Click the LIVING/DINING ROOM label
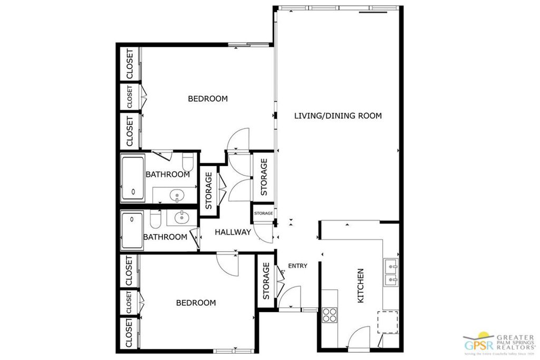[x=337, y=115]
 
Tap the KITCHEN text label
[x=361, y=286]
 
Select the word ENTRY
[x=297, y=266]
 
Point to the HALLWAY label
[x=233, y=232]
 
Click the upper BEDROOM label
[x=208, y=99]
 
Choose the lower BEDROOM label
[x=196, y=303]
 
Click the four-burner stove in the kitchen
[x=330, y=315]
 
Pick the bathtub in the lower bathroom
[x=132, y=230]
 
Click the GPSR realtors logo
[x=498, y=343]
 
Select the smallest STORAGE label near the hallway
[x=264, y=213]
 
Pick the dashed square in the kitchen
[x=388, y=322]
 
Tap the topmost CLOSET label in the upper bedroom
[x=129, y=64]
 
